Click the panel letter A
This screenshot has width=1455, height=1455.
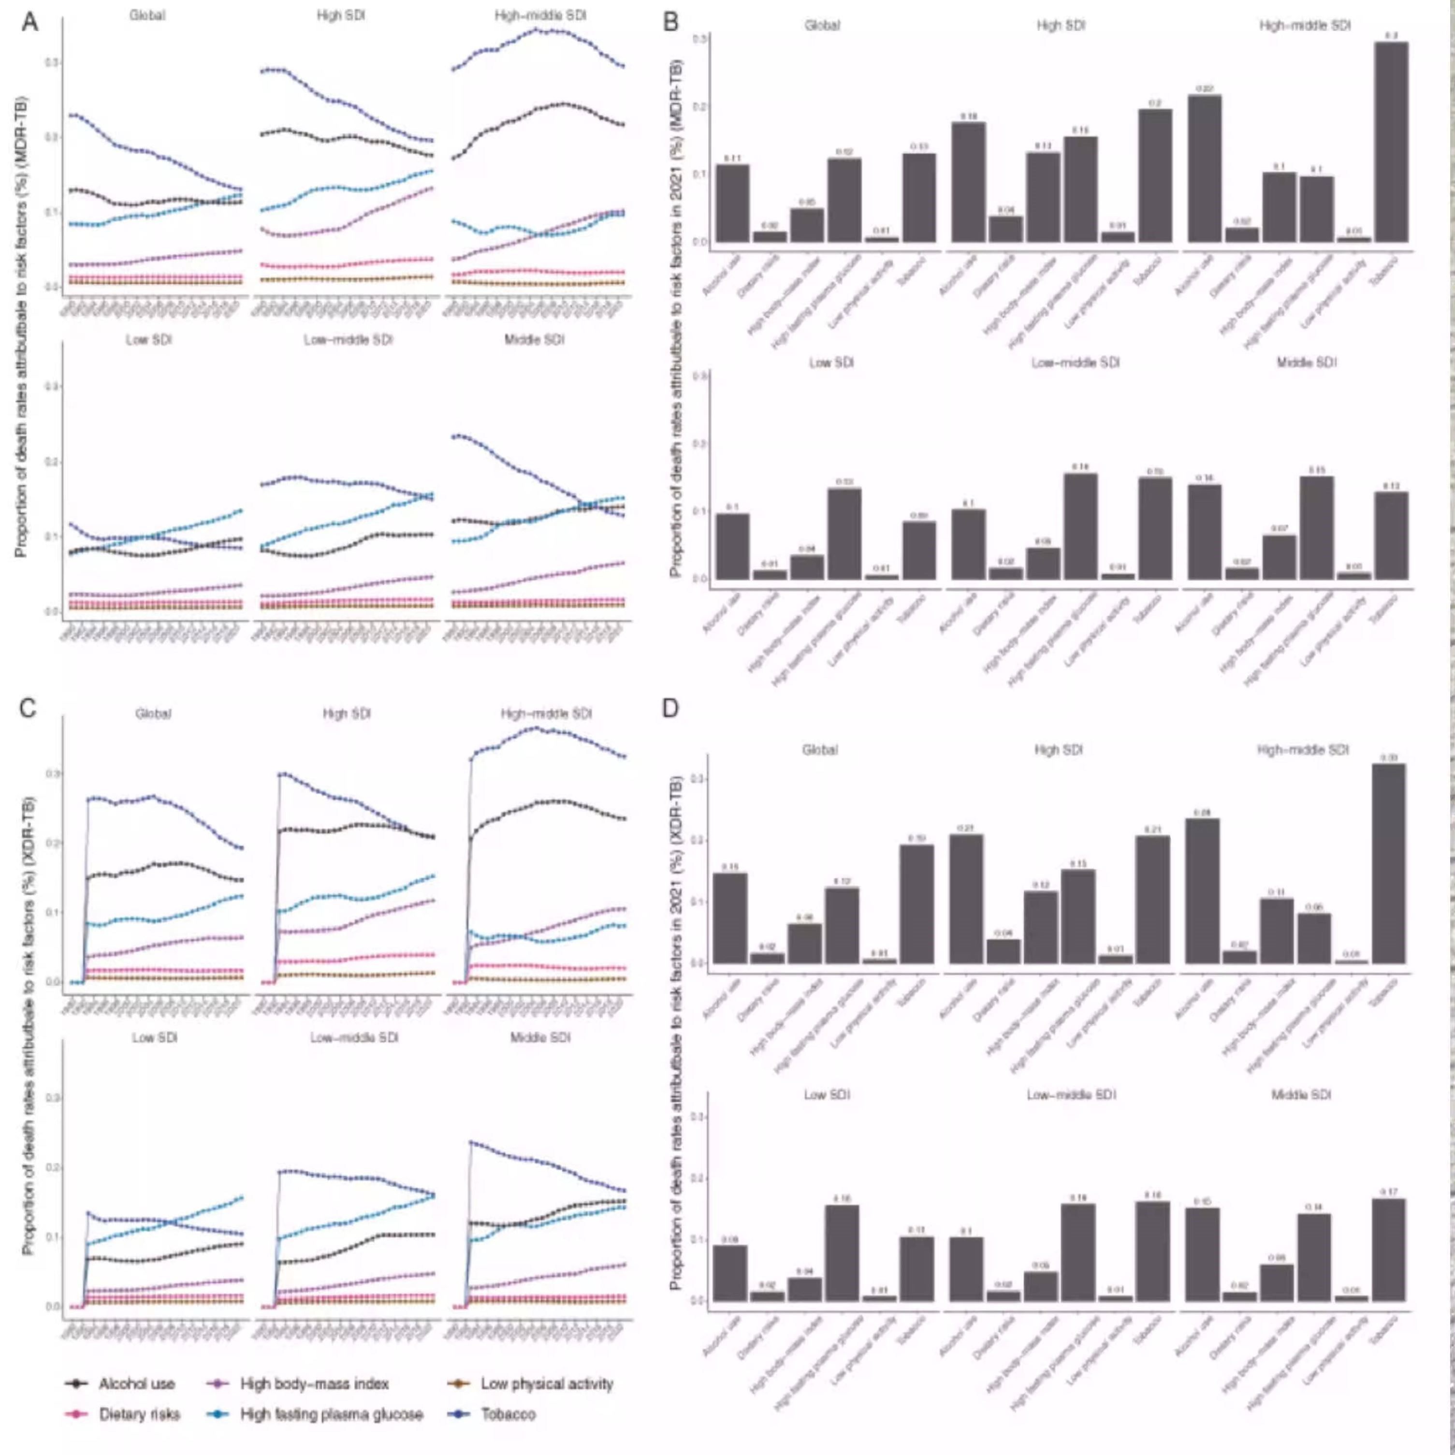pyautogui.click(x=30, y=22)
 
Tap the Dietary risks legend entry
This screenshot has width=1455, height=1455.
pyautogui.click(x=139, y=1414)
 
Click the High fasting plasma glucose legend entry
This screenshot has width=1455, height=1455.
pyautogui.click(x=332, y=1414)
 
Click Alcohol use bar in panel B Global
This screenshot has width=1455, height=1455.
pyautogui.click(x=732, y=204)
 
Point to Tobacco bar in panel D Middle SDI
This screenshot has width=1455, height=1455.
pyautogui.click(x=1389, y=1250)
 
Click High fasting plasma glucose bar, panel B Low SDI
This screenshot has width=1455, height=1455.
pyautogui.click(x=844, y=534)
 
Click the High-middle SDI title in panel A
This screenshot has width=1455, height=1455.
pyautogui.click(x=540, y=15)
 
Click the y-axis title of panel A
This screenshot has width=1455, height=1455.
pyautogui.click(x=21, y=326)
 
